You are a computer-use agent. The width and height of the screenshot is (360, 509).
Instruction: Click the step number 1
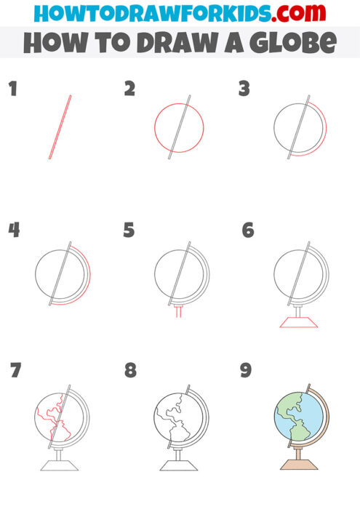12,90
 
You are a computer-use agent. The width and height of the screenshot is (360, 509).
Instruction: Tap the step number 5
129,231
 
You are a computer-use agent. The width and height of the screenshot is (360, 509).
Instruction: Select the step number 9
246,370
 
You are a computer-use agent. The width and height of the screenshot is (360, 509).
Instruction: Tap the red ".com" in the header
287,12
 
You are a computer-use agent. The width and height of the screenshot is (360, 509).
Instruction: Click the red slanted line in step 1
60,127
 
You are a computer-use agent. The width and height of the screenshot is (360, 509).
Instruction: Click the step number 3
244,89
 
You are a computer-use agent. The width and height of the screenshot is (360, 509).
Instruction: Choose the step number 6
248,231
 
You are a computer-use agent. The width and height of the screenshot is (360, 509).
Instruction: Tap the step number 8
130,370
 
